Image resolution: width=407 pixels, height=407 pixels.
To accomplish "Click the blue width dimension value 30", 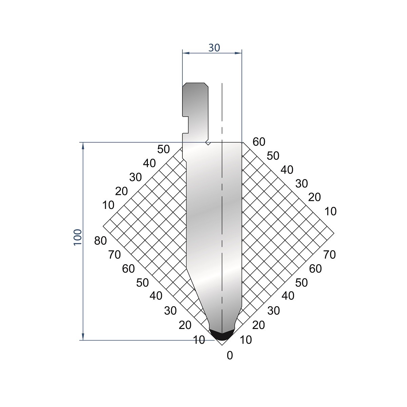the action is [x=214, y=48].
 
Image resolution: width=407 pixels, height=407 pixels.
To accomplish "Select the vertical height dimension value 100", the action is [x=78, y=237].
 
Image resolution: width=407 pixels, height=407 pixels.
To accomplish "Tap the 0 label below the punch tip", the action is [x=230, y=355].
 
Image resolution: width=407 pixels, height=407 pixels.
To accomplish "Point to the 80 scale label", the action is [x=100, y=241].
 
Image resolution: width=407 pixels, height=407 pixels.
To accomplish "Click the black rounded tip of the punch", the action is [x=222, y=336].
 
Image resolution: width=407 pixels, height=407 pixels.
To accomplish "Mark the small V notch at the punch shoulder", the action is [x=208, y=143].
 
